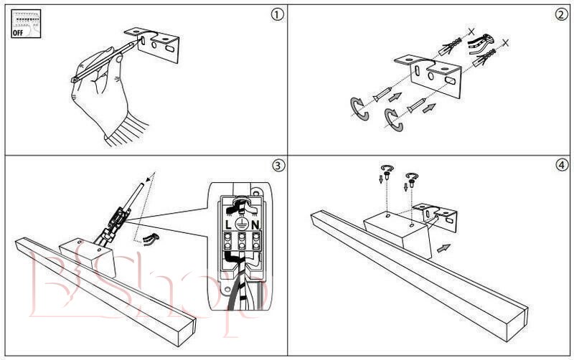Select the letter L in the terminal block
229,224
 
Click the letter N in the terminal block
255,224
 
